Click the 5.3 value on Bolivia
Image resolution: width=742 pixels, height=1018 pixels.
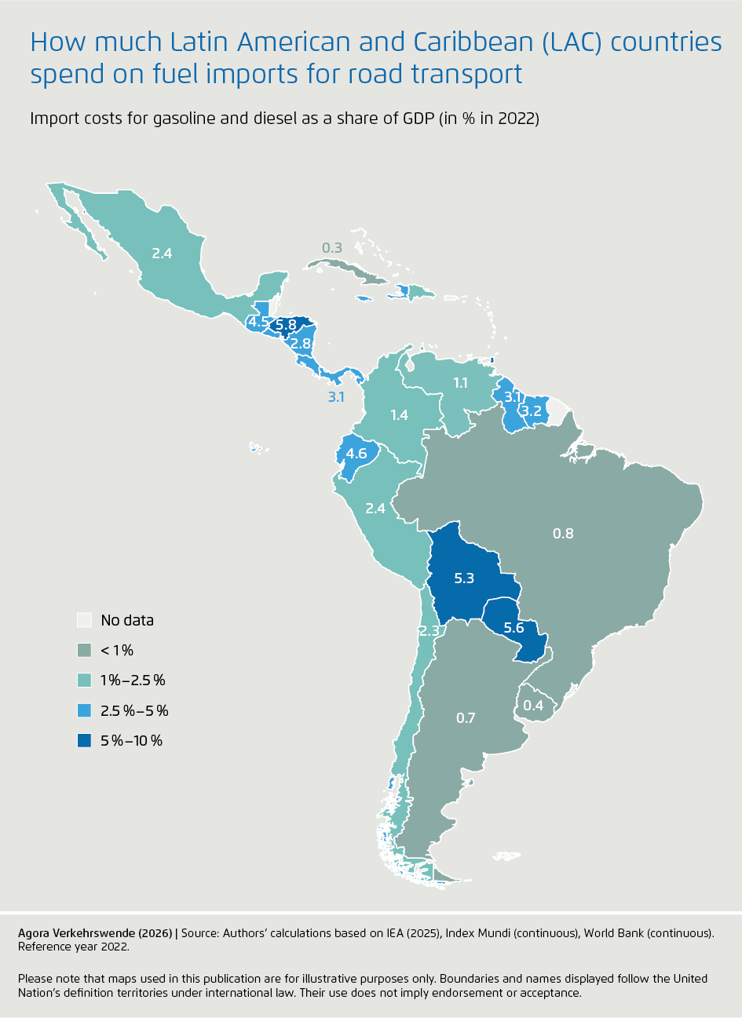[x=464, y=578]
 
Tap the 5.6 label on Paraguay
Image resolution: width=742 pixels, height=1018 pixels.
[x=514, y=628]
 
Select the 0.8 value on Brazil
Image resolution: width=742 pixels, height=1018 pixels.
[x=563, y=534]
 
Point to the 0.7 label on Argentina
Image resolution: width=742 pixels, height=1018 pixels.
[x=466, y=717]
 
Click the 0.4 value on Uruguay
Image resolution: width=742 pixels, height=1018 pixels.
[x=533, y=706]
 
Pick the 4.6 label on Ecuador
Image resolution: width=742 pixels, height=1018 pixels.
[x=356, y=454]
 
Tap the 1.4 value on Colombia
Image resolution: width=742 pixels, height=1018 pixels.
[x=399, y=414]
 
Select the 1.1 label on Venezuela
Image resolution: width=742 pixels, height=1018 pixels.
[x=460, y=383]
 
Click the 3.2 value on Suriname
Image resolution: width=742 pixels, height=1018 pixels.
[x=532, y=410]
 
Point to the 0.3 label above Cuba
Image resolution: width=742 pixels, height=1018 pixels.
[x=332, y=248]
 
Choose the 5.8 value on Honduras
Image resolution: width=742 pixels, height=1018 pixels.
[x=286, y=324]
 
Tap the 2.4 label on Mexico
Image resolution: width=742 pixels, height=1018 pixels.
[x=162, y=254]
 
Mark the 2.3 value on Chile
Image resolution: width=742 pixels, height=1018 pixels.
[x=429, y=631]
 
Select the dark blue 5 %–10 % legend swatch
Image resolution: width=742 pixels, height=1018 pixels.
[x=85, y=740]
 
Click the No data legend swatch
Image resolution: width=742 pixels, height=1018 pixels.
[x=85, y=620]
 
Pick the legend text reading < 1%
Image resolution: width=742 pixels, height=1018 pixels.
[x=117, y=650]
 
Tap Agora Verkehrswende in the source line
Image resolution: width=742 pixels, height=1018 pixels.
[x=78, y=933]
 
